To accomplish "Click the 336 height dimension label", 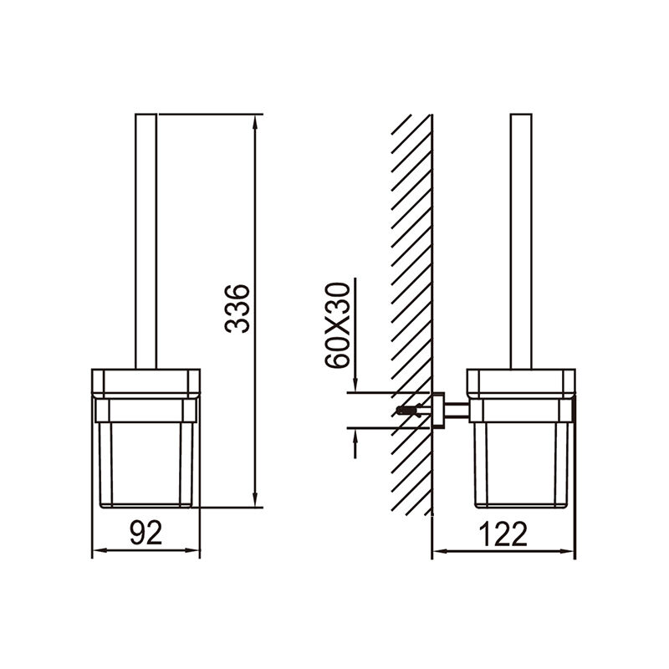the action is [237, 309].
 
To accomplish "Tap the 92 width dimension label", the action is [146, 533].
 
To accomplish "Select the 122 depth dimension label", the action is [503, 534].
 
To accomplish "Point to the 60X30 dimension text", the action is [337, 324].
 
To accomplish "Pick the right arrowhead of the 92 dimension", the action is [193, 550].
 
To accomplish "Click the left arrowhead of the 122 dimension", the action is [440, 551].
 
